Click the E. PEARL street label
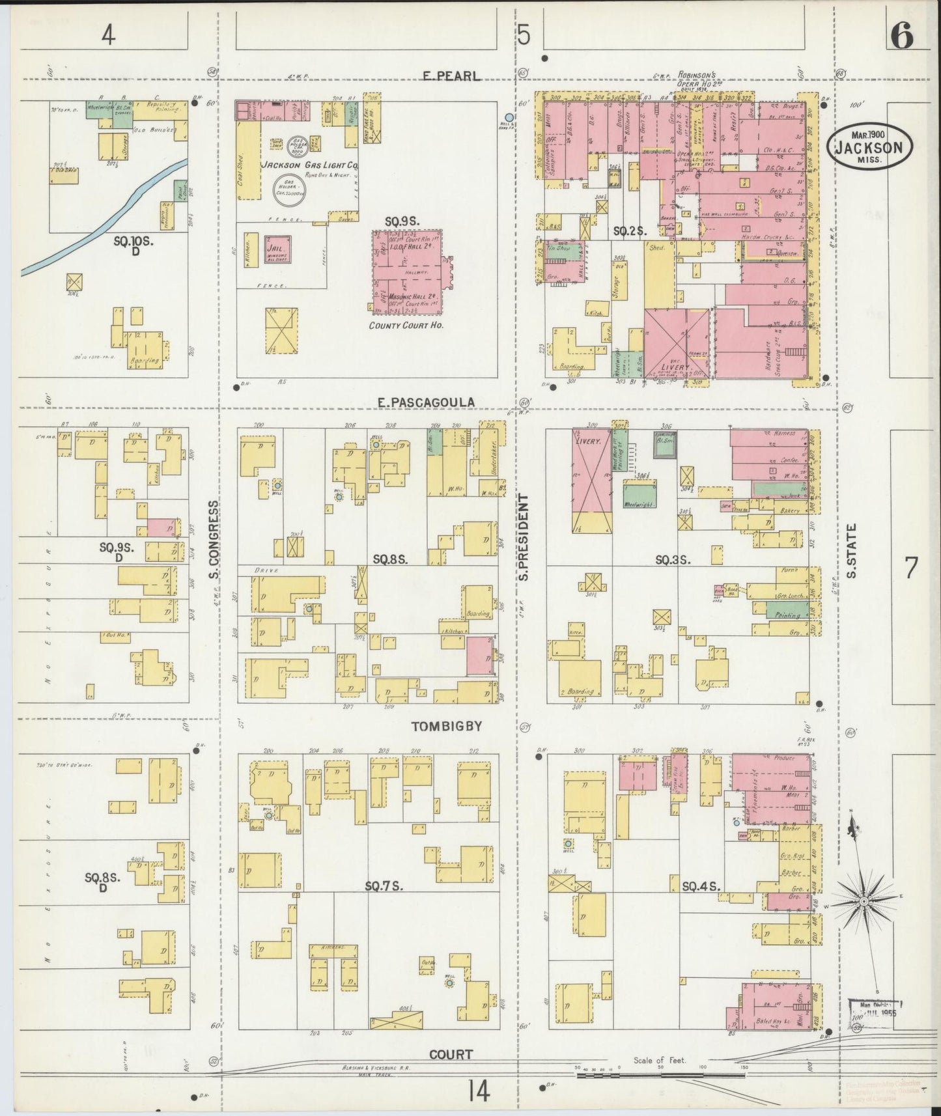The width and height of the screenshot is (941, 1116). click(451, 76)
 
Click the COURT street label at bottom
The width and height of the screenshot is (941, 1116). click(451, 1053)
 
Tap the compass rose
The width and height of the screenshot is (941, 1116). click(863, 901)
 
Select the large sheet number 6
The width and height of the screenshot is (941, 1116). click(902, 37)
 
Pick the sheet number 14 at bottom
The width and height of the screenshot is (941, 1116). click(477, 1091)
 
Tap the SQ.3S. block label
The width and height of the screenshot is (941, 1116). click(673, 559)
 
